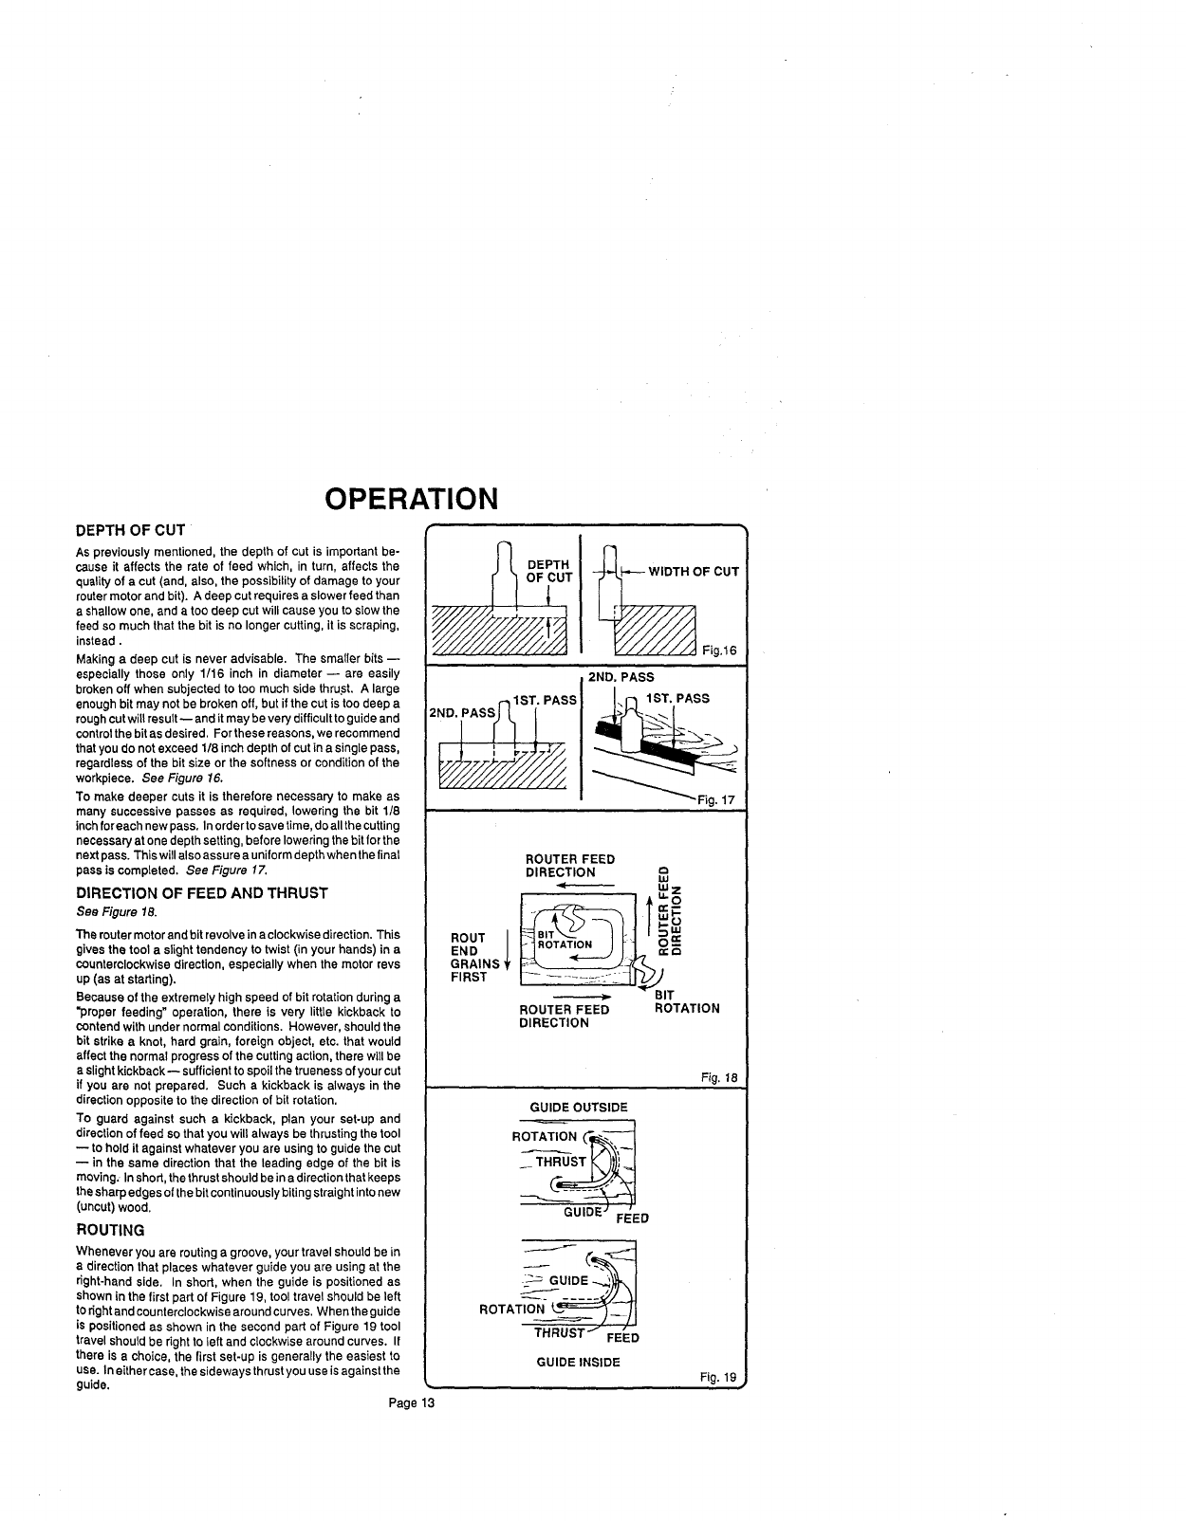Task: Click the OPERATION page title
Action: click(x=411, y=499)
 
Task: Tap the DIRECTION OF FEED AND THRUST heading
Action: click(x=201, y=892)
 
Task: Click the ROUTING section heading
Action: click(x=110, y=1230)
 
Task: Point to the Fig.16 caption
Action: click(x=719, y=650)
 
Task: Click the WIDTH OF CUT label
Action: click(x=694, y=571)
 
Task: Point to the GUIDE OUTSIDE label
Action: click(x=579, y=1107)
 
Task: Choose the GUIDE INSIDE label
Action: click(x=578, y=1362)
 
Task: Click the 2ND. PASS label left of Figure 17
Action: click(x=463, y=712)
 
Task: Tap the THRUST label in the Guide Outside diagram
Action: click(x=561, y=1161)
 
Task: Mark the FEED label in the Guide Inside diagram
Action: click(x=623, y=1338)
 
